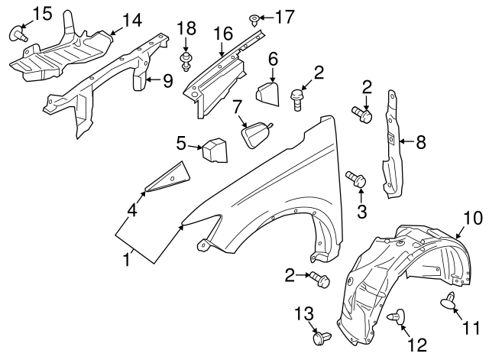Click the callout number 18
point(186,29)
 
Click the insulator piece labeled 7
point(257,135)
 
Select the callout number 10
point(469,216)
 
